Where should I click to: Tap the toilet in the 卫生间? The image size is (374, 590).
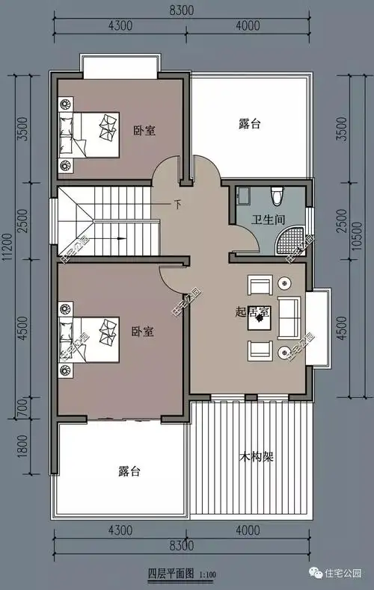tap(278, 196)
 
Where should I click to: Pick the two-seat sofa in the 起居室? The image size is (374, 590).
tap(289, 317)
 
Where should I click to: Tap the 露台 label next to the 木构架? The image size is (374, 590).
tap(129, 472)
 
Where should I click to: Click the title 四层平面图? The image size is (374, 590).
tap(171, 574)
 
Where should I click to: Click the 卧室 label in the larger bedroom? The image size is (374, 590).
tap(143, 332)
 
